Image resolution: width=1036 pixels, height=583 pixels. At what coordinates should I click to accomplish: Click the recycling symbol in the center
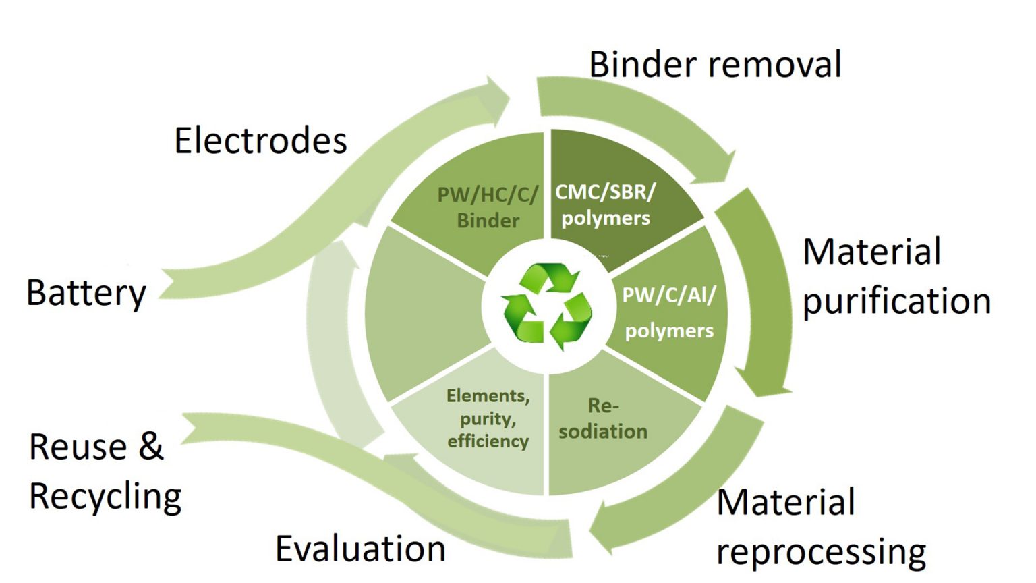coord(548,307)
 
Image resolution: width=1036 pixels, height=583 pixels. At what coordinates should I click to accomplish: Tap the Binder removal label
coord(715,65)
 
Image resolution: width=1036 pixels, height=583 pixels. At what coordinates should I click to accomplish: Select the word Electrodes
coord(260,140)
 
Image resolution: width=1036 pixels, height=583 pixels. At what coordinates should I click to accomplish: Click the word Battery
coord(86,293)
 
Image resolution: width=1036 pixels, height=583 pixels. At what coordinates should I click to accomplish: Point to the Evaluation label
coord(360,548)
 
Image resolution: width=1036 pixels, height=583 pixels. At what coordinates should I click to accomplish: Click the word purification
coord(896,301)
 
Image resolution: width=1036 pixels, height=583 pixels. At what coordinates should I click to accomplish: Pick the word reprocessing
coord(821,552)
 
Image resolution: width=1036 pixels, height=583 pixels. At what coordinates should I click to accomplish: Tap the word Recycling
coord(105,497)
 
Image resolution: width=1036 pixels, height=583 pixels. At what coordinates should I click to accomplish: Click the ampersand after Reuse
coord(151,446)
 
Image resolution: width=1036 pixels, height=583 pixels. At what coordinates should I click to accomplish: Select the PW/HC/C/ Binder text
coord(488,207)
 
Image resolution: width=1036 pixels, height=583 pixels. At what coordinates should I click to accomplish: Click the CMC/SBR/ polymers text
coord(605,204)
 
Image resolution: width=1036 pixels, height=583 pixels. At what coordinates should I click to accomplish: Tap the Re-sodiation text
coord(603,418)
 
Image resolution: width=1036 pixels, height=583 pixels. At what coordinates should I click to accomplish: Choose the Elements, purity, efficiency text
coord(488,418)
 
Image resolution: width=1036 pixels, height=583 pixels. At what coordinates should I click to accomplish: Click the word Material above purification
coord(871,252)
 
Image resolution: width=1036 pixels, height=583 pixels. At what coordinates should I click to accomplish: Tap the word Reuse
coord(78,447)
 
